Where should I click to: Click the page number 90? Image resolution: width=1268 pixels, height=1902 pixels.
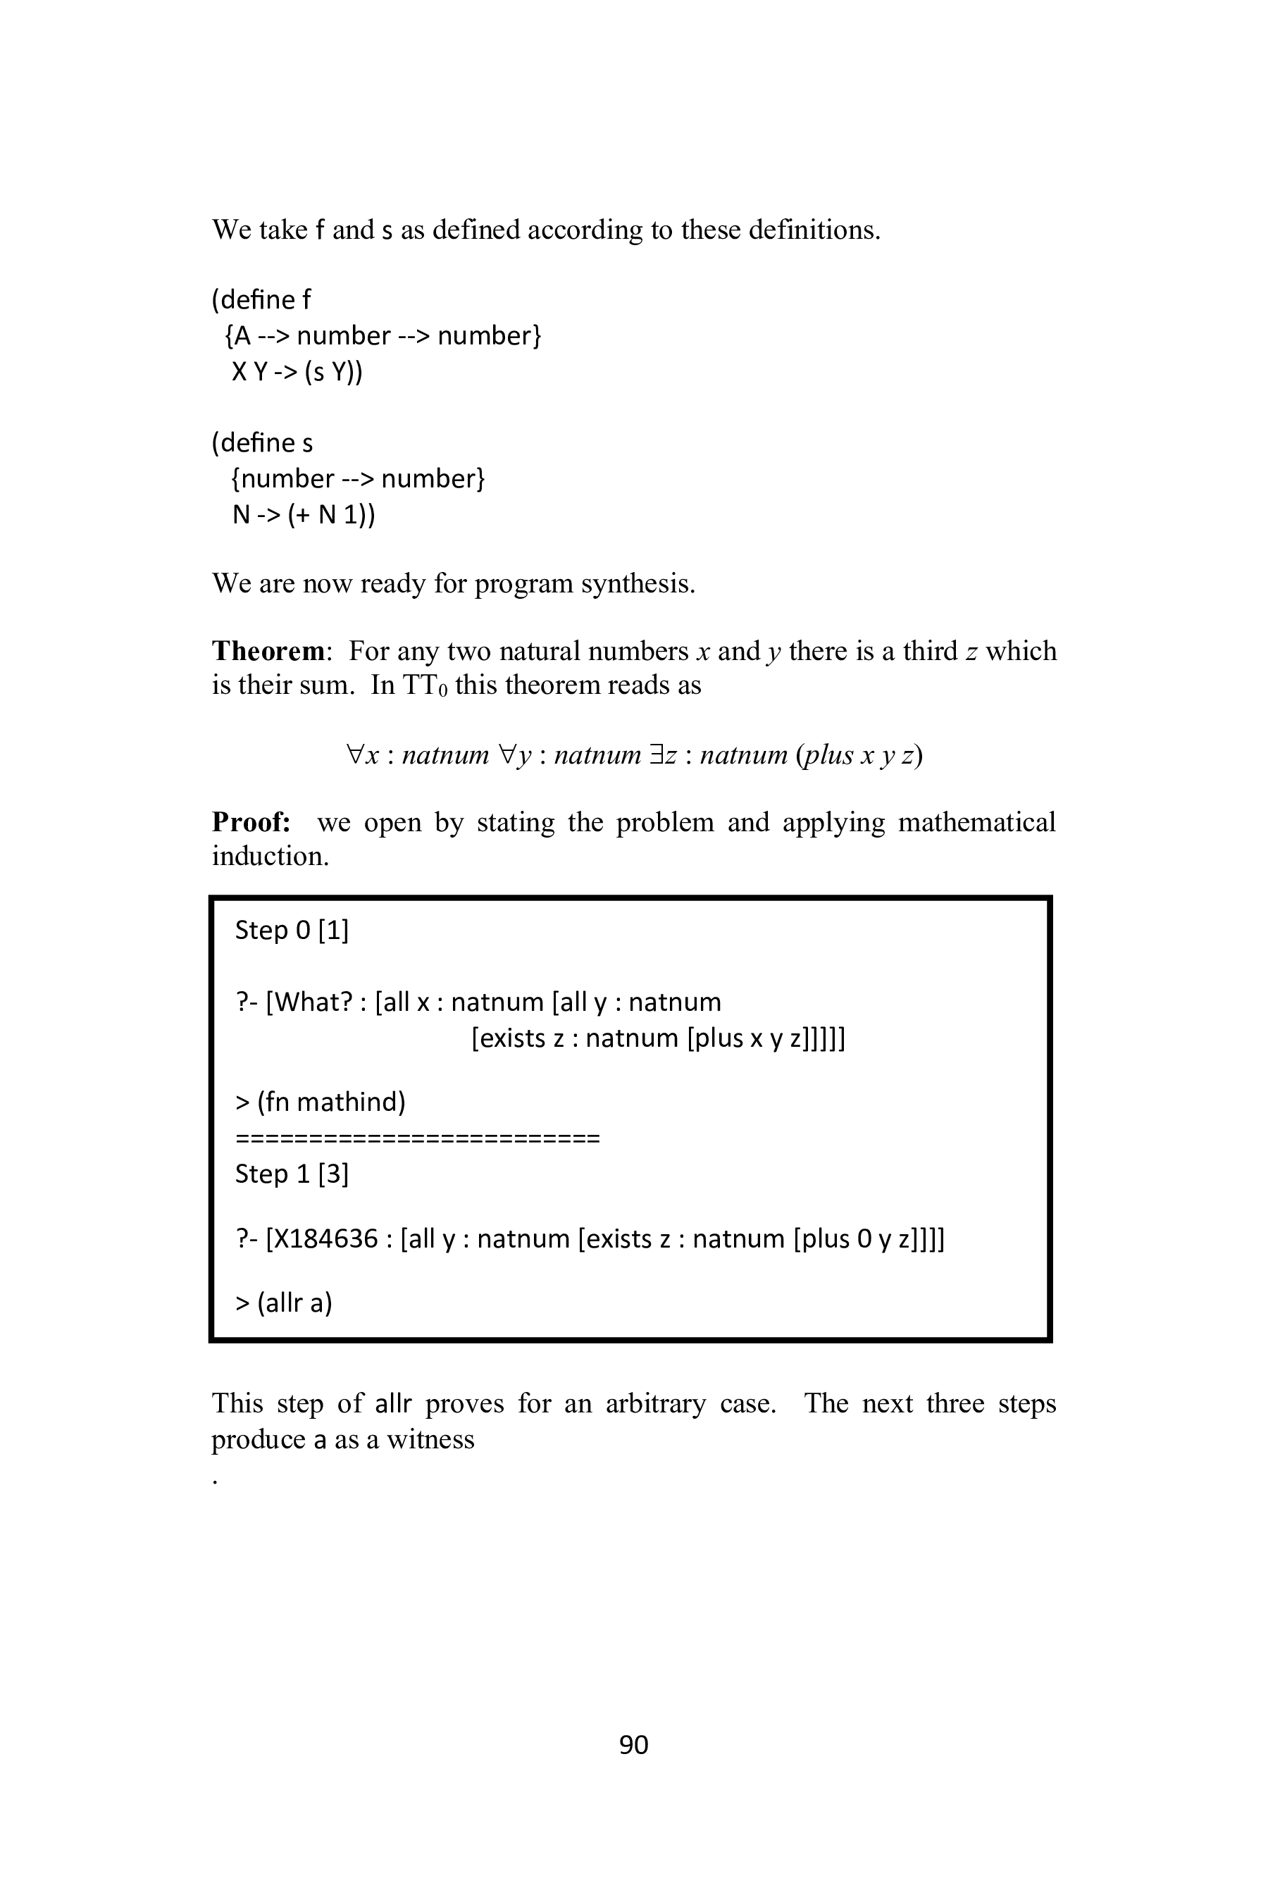pyautogui.click(x=633, y=1744)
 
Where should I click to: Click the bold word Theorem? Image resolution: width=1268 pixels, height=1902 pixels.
pyautogui.click(x=268, y=651)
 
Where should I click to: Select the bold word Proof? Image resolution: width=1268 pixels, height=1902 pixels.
pyautogui.click(x=251, y=821)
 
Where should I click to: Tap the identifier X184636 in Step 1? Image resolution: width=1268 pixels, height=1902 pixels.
pyautogui.click(x=322, y=1238)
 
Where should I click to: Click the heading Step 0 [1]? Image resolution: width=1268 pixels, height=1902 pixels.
pyautogui.click(x=291, y=930)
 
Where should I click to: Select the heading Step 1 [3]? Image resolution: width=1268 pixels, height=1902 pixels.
pyautogui.click(x=291, y=1174)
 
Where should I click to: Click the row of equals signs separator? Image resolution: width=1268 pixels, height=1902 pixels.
pyautogui.click(x=417, y=1138)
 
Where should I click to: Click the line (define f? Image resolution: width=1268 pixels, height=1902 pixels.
pyautogui.click(x=261, y=300)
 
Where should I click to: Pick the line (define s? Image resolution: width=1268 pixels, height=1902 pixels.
pyautogui.click(x=262, y=443)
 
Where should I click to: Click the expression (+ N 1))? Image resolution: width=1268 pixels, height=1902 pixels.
pyautogui.click(x=332, y=514)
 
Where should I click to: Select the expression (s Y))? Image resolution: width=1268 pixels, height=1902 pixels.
pyautogui.click(x=333, y=372)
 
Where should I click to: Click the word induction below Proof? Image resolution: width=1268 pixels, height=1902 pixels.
pyautogui.click(x=270, y=856)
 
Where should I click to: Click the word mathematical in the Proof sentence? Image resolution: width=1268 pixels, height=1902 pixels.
pyautogui.click(x=977, y=821)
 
